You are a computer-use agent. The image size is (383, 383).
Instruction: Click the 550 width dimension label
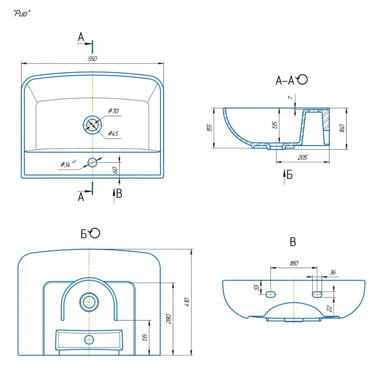tap(92, 59)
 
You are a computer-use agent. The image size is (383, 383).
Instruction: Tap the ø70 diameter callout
tap(113, 111)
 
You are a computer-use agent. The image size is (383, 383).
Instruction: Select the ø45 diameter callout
tap(113, 133)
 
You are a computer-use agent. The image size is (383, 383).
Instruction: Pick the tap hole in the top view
tap(92, 162)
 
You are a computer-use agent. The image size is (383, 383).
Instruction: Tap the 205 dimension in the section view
tap(303, 157)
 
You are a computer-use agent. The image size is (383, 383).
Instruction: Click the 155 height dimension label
tap(209, 128)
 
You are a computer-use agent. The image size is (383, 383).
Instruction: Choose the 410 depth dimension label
tap(186, 302)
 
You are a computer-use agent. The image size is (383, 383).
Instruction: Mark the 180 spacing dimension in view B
tap(294, 263)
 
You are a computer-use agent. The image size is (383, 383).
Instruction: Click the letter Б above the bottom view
tap(85, 233)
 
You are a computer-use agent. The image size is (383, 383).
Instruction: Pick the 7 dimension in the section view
tap(289, 98)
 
